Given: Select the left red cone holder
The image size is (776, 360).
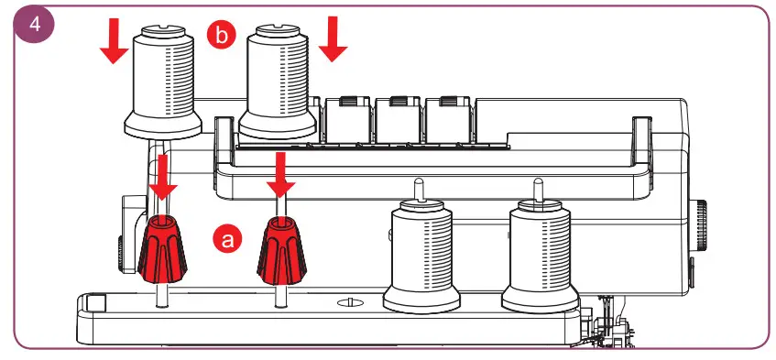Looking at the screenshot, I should tap(162, 245).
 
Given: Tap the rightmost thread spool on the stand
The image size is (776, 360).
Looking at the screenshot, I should tap(540, 256).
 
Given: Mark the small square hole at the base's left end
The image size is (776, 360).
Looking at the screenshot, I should tap(98, 301).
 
